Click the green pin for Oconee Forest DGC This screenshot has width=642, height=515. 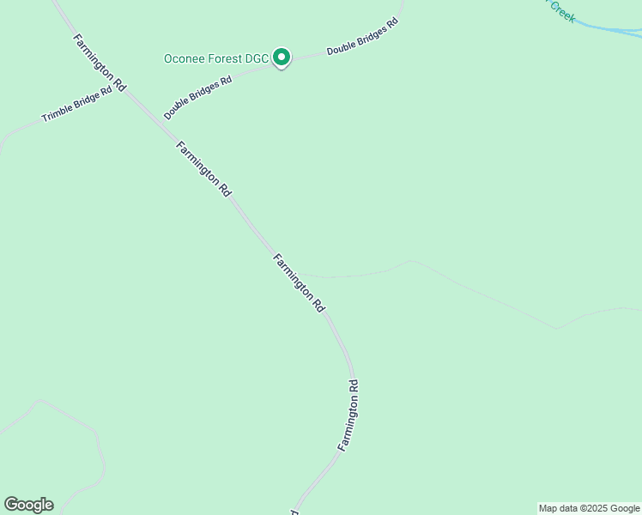(x=282, y=58)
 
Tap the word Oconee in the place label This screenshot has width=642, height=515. (x=185, y=59)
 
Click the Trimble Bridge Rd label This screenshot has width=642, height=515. (x=77, y=104)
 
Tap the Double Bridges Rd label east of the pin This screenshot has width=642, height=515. (x=363, y=37)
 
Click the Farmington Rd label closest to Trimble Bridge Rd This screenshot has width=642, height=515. (x=100, y=63)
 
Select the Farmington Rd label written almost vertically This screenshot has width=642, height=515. (x=348, y=415)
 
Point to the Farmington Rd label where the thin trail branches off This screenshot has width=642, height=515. (x=300, y=282)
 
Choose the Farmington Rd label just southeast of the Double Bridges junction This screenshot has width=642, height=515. (x=203, y=169)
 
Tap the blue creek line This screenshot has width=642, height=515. (x=609, y=29)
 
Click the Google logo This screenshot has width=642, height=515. (x=28, y=505)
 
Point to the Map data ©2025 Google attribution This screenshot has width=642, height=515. (x=589, y=508)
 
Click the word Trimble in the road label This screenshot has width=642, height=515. (x=59, y=111)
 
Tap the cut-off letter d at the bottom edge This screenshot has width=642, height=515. (x=294, y=512)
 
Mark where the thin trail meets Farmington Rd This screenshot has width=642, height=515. (x=288, y=272)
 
